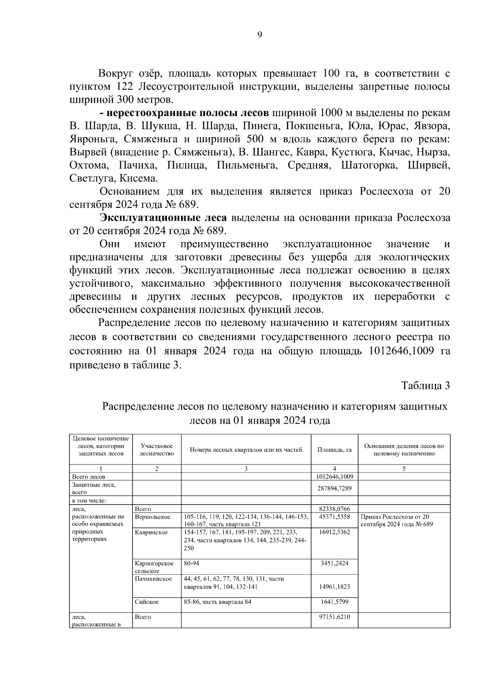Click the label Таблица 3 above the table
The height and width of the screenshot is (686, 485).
pos(425,386)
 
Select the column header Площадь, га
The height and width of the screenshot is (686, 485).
pos(334,450)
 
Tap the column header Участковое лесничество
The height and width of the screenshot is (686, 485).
pos(156,450)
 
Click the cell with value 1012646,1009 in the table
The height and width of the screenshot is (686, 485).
pos(334,477)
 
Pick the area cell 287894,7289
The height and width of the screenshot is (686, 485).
pos(334,488)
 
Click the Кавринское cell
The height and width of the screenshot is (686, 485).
pos(151,532)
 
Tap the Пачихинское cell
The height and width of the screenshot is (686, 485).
pos(153,579)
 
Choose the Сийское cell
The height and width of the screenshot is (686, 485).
pos(147,602)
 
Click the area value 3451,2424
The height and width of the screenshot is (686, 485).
pos(334,563)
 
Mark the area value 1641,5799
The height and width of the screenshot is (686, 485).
pos(334,602)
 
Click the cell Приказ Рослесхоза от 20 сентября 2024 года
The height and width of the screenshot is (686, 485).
pos(396,520)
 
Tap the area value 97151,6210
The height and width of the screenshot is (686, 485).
pos(334,617)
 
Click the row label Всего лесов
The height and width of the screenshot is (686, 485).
pos(89,477)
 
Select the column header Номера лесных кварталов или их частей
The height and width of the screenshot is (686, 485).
pos(246,450)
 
